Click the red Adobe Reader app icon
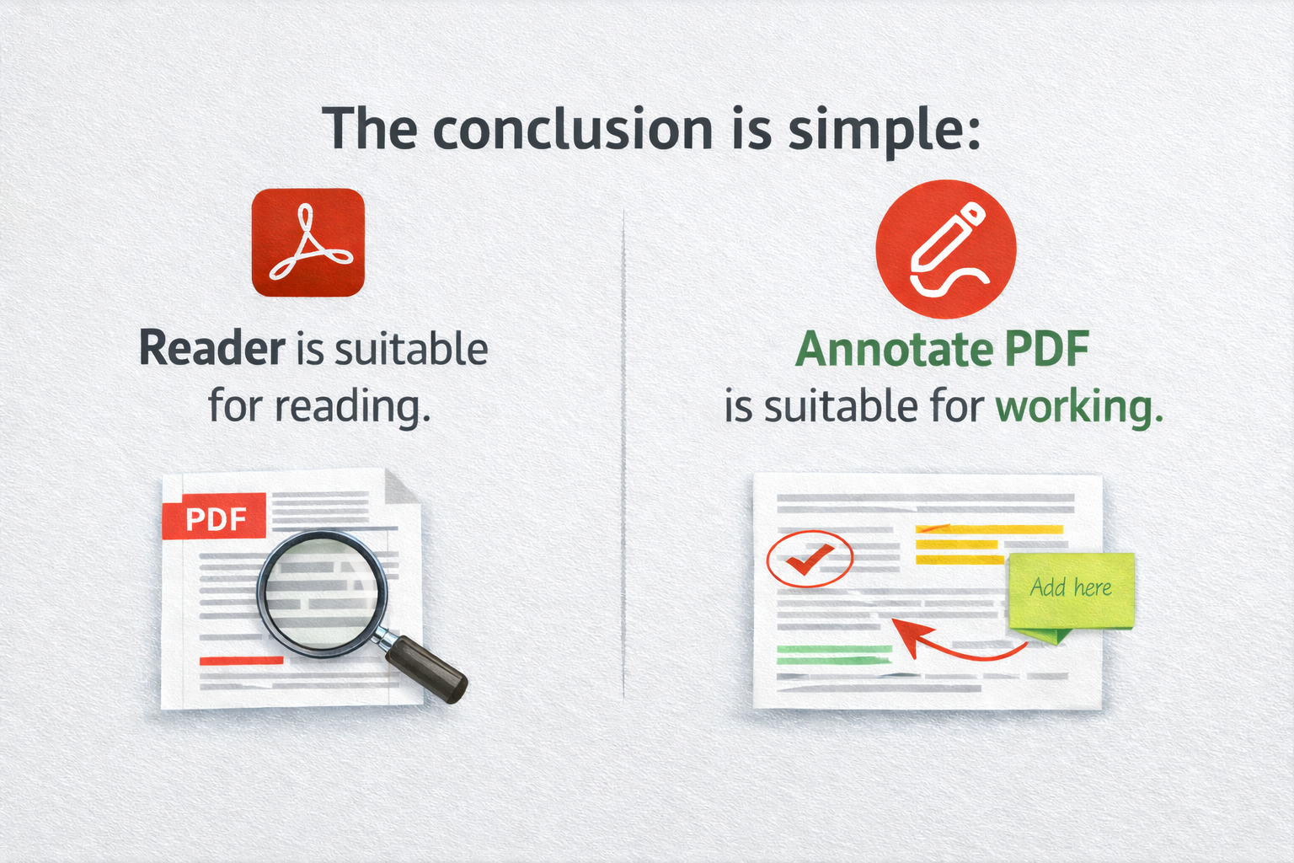tap(308, 242)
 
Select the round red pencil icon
tap(945, 249)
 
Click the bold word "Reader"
tap(212, 349)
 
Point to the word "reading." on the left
tap(353, 407)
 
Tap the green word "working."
tap(1079, 407)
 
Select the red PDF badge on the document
tap(215, 516)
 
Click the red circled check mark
tap(810, 558)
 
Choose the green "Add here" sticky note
tap(1071, 590)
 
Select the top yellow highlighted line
tap(989, 529)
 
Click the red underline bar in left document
tap(241, 661)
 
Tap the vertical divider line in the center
tap(623, 455)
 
